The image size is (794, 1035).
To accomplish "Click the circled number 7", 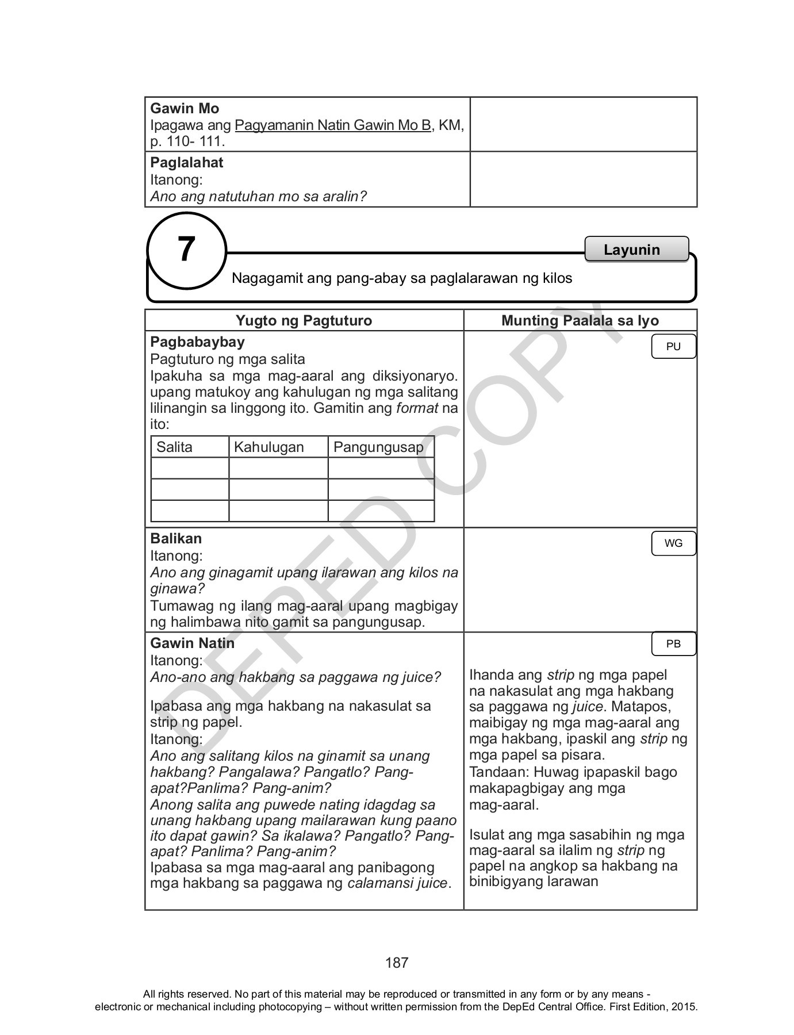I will pyautogui.click(x=186, y=251).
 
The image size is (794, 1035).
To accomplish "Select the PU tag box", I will pyautogui.click(x=673, y=347).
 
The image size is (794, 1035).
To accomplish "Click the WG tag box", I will pyautogui.click(x=673, y=543).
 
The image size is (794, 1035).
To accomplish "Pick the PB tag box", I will pyautogui.click(x=673, y=644).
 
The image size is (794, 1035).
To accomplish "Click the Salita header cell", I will pyautogui.click(x=174, y=447).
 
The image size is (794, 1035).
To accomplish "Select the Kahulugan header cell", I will pyautogui.click(x=268, y=447).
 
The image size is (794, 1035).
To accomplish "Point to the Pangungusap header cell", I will pyautogui.click(x=378, y=447).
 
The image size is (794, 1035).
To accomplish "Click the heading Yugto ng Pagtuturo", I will pyautogui.click(x=304, y=321).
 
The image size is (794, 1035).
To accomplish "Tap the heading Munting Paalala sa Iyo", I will pyautogui.click(x=580, y=321).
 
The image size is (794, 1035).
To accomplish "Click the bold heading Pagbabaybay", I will pyautogui.click(x=197, y=342).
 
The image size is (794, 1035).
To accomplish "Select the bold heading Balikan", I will pyautogui.click(x=176, y=539).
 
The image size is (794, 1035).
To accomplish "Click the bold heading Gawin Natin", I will pyautogui.click(x=192, y=643).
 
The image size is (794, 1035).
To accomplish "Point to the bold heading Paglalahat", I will pyautogui.click(x=186, y=163).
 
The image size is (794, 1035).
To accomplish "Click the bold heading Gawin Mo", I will pyautogui.click(x=184, y=109).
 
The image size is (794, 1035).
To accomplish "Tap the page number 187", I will pyautogui.click(x=397, y=963).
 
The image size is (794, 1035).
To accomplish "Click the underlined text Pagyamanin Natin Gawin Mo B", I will pyautogui.click(x=333, y=125).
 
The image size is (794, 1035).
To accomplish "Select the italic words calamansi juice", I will pyautogui.click(x=397, y=883).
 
